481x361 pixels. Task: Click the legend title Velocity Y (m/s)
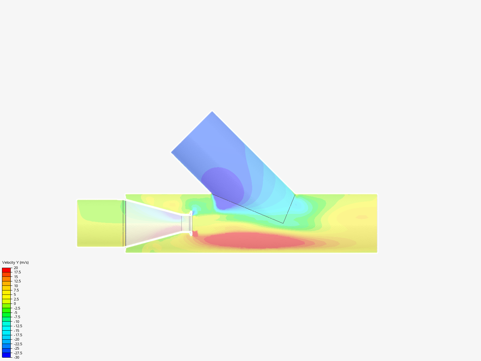pyautogui.click(x=15, y=262)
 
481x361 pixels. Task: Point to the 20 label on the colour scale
pyautogui.click(x=16, y=268)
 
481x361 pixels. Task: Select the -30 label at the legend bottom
pyautogui.click(x=16, y=357)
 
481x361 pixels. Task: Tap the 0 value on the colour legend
pyautogui.click(x=15, y=304)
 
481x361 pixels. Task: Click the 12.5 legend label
pyautogui.click(x=17, y=281)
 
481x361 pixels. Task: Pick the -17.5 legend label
pyautogui.click(x=18, y=335)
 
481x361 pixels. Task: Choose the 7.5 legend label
pyautogui.click(x=16, y=290)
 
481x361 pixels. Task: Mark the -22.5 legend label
pyautogui.click(x=18, y=344)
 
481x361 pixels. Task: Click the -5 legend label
pyautogui.click(x=15, y=313)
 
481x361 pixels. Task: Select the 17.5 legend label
pyautogui.click(x=17, y=272)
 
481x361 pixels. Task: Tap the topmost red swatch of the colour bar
pyautogui.click(x=7, y=270)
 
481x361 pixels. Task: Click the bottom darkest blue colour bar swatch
pyautogui.click(x=7, y=355)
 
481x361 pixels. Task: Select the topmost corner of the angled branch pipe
pyautogui.click(x=212, y=112)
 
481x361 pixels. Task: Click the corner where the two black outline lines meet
pyautogui.click(x=283, y=223)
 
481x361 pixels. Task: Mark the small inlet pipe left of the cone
pyautogui.click(x=100, y=223)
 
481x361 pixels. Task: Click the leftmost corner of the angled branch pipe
pyautogui.click(x=172, y=152)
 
